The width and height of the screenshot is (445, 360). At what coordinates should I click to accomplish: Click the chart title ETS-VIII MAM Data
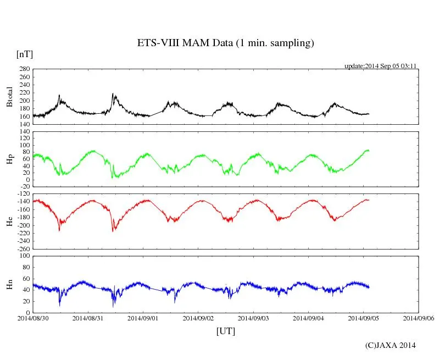pos(225,43)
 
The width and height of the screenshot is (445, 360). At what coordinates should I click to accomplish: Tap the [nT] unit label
pos(25,54)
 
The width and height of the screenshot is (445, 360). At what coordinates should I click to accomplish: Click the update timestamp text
pos(380,66)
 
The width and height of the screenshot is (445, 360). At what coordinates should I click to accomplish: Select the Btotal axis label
pos(9,97)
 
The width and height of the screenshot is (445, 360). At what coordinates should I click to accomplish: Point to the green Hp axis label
pos(9,159)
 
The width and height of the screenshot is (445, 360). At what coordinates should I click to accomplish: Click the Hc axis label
pos(9,221)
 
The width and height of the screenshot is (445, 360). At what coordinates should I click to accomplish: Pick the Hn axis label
pos(9,284)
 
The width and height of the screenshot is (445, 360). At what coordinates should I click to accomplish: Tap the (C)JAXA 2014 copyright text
pos(390,345)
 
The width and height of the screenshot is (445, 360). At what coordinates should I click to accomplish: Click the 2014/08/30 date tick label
pos(33,318)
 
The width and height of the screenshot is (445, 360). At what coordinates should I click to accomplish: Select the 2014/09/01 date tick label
pos(143,318)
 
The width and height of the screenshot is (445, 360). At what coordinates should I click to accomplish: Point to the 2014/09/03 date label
pos(254,318)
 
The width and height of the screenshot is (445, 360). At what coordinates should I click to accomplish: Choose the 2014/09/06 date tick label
pos(419,318)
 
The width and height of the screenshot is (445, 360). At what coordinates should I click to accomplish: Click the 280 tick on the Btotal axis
pos(24,69)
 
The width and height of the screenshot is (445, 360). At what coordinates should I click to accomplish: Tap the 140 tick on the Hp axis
pos(24,131)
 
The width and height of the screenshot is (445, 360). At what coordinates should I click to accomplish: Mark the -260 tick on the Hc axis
pos(22,249)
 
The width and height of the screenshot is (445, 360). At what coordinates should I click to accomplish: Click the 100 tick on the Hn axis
pos(24,256)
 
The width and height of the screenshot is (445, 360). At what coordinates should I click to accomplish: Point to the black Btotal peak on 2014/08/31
pos(113,94)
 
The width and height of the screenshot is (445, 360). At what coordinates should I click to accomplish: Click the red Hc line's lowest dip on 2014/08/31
pos(113,231)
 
